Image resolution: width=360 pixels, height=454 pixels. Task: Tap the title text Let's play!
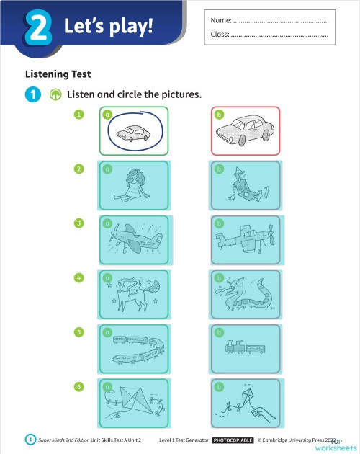tap(109, 29)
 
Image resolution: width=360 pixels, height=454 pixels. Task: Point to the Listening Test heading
tap(58, 74)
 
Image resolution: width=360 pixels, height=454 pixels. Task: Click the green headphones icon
tap(55, 95)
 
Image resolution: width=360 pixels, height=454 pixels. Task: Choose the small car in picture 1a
tap(134, 132)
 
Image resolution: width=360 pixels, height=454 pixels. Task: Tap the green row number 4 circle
tap(79, 277)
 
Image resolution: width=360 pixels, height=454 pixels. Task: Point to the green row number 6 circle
tap(79, 387)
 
